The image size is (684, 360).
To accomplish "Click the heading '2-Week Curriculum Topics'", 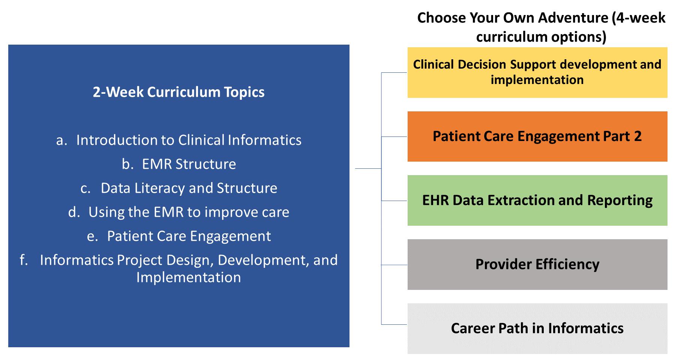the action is click(178, 92).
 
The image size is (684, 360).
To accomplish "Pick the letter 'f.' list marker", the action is click(24, 260).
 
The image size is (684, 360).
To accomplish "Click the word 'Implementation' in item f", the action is click(189, 277).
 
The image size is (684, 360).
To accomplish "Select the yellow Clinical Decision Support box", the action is click(537, 72).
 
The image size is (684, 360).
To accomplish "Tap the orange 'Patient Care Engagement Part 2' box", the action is click(537, 136).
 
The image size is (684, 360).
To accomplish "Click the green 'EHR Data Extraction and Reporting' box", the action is click(537, 200).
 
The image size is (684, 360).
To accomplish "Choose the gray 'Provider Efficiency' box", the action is click(537, 264).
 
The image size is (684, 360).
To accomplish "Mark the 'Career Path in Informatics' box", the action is click(537, 328).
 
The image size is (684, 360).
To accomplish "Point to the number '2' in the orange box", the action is click(638, 136).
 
